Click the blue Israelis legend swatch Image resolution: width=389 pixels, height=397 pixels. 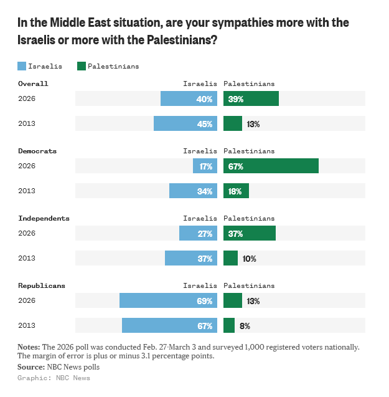point(22,65)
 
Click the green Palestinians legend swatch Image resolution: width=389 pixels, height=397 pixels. point(80,65)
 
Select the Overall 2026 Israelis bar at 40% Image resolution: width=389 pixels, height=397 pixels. point(189,98)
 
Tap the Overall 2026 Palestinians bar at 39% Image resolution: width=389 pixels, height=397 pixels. point(251,98)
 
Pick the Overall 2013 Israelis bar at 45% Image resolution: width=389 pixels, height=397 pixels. point(185,123)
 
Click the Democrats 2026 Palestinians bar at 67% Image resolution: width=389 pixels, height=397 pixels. point(271,166)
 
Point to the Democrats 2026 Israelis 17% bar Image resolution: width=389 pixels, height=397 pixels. point(205,166)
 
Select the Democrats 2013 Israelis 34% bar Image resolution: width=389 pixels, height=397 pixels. point(193,191)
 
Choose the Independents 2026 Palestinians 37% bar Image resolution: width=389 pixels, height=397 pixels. point(250,233)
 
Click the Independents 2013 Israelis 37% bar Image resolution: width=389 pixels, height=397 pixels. point(191,258)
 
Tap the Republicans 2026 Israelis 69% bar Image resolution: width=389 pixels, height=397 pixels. point(168,300)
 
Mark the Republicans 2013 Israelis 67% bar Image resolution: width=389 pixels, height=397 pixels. point(169,325)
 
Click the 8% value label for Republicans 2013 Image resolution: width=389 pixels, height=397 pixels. point(245,325)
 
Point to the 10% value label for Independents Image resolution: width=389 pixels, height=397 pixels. point(250,258)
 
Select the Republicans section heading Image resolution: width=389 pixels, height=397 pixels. point(42,285)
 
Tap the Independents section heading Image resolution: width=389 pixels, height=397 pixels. point(44,218)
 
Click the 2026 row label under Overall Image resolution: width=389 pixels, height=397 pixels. point(27,98)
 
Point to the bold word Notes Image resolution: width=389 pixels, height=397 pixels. point(29,347)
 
